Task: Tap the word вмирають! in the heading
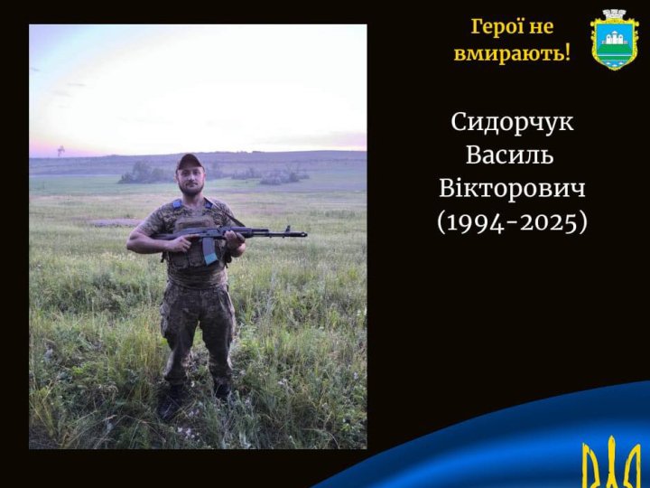coord(512,53)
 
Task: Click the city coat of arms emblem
coord(614,39)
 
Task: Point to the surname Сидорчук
coord(512,122)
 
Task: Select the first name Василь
coord(512,155)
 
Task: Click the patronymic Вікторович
coord(512,187)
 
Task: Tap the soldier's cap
coord(190,162)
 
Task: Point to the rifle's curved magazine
coord(209,249)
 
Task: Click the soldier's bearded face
coord(191,179)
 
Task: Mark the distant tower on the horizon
coord(60,150)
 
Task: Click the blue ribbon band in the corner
coord(506,434)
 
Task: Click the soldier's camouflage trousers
coord(197,325)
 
